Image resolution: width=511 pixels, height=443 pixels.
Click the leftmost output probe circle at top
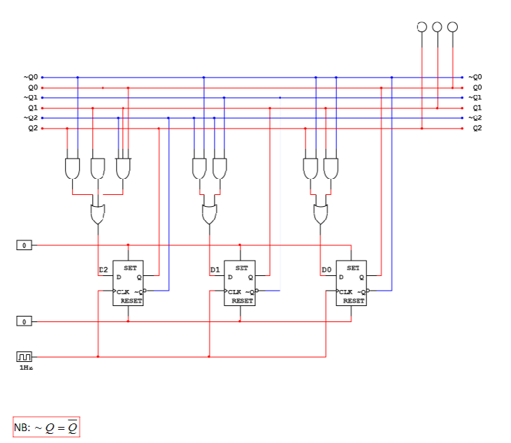422,27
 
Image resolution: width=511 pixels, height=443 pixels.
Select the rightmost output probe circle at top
452,27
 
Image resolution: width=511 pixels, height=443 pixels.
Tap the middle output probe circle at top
437,27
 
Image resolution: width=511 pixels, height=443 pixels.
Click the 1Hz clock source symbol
24,356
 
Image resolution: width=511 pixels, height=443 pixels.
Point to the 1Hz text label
25,368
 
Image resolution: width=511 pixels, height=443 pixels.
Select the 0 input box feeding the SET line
24,245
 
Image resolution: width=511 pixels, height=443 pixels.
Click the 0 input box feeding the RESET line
24,321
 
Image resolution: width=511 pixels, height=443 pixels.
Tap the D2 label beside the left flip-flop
103,270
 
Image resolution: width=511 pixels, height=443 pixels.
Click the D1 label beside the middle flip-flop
215,270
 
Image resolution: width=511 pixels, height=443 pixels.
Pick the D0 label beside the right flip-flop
326,270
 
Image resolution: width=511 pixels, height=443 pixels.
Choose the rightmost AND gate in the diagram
331,168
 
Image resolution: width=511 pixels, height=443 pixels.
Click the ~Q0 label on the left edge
31,78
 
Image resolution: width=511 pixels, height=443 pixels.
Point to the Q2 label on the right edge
477,129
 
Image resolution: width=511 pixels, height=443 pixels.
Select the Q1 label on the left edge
32,108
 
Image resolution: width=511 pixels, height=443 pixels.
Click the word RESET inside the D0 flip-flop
354,301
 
